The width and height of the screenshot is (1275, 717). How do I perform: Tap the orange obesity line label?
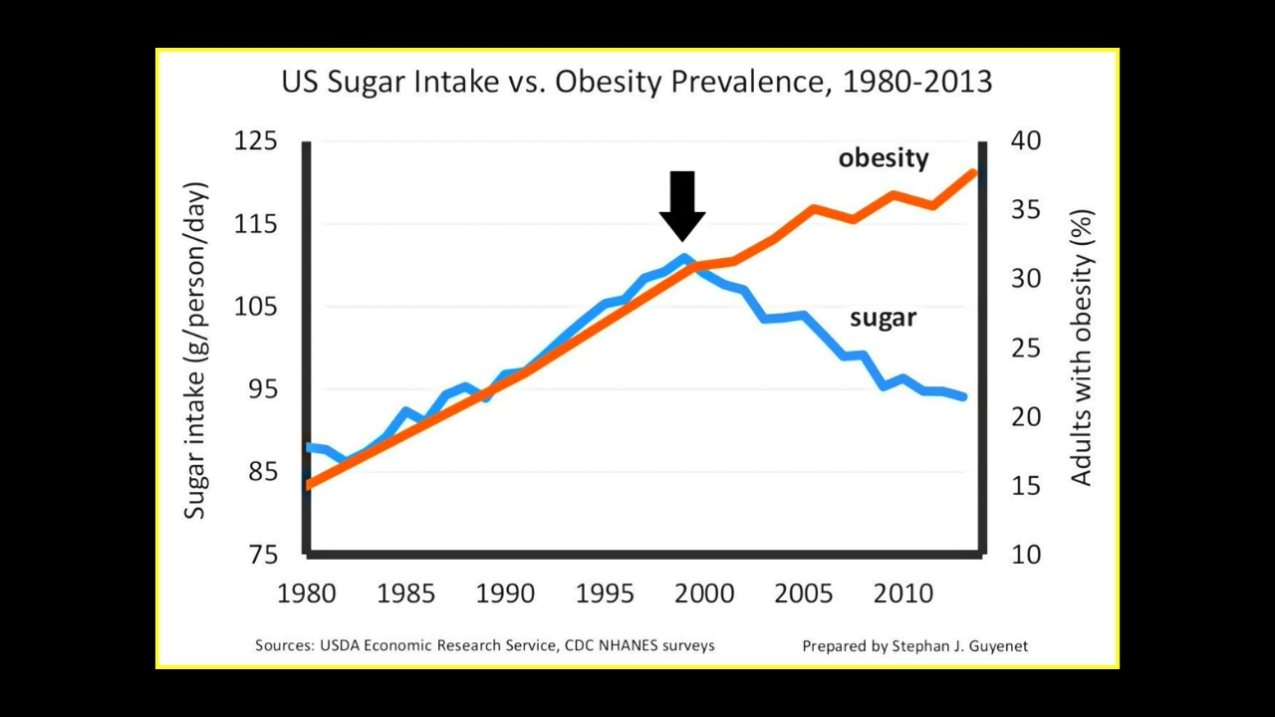[884, 158]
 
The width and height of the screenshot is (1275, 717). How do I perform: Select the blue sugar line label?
[883, 318]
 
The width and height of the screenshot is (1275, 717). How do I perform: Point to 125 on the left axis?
[256, 141]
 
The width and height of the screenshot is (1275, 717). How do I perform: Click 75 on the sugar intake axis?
[263, 555]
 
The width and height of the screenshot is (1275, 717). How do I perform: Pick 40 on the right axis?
[1026, 141]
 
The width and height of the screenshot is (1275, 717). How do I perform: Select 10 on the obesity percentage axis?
[1026, 555]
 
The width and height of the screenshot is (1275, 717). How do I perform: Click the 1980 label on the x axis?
[307, 594]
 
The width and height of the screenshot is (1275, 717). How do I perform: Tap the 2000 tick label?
[704, 594]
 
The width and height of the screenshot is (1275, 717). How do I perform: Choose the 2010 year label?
[903, 594]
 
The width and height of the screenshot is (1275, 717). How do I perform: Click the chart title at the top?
[637, 82]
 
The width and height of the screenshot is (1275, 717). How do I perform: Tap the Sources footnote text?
[485, 645]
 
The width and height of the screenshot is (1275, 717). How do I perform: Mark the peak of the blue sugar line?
[684, 258]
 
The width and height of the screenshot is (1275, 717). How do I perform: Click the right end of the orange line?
[973, 173]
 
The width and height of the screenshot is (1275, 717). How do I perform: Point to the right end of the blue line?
[962, 396]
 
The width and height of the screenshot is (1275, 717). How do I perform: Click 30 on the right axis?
[1026, 279]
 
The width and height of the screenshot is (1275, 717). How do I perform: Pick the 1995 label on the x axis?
[605, 594]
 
